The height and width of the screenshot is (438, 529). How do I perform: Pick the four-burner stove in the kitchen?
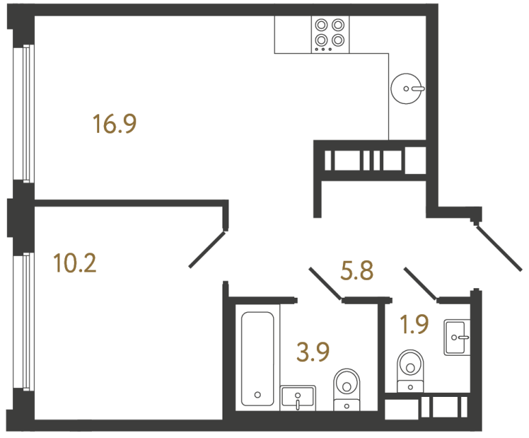(x=328, y=33)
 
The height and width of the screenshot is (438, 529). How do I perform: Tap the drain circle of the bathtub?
(x=257, y=394)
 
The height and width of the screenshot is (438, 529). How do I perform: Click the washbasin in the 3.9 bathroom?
(x=298, y=398)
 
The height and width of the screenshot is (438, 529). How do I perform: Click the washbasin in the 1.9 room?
(x=456, y=337)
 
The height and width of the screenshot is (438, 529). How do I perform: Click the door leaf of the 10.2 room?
(x=207, y=250)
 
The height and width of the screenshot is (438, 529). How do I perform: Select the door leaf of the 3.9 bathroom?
(x=326, y=283)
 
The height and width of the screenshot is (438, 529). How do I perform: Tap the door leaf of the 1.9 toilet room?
(x=421, y=283)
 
